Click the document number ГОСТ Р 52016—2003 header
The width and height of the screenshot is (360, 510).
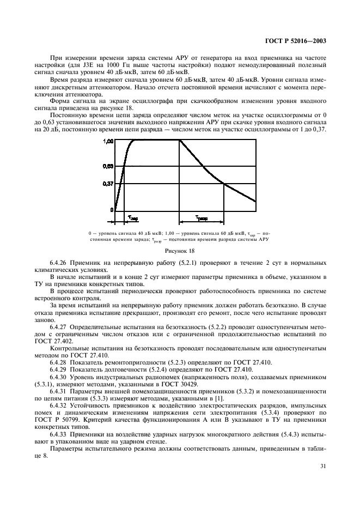(x=298, y=41)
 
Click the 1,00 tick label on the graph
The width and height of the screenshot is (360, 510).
(x=106, y=141)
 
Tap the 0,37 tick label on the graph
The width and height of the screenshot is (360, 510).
(x=106, y=184)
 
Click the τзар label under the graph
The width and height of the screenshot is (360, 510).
(x=132, y=217)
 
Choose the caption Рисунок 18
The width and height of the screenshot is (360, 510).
(x=180, y=251)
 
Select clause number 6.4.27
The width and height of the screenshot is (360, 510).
(x=61, y=326)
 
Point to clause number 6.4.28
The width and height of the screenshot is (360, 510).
(x=61, y=362)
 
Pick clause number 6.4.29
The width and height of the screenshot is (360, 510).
(x=61, y=369)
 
